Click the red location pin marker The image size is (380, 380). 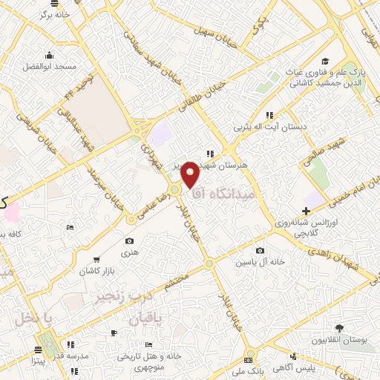tap(191, 173)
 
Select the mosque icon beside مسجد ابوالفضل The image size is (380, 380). tap(50, 54)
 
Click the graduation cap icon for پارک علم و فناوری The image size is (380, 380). tap(325, 61)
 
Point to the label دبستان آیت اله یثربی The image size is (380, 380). tap(271, 127)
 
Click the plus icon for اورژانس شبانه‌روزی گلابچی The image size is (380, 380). tap(306, 212)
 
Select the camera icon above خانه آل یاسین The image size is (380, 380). tap(260, 251)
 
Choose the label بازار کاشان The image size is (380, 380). tap(87, 272)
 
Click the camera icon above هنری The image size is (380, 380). tap(130, 241)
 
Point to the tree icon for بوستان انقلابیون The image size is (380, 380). tap(338, 329)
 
